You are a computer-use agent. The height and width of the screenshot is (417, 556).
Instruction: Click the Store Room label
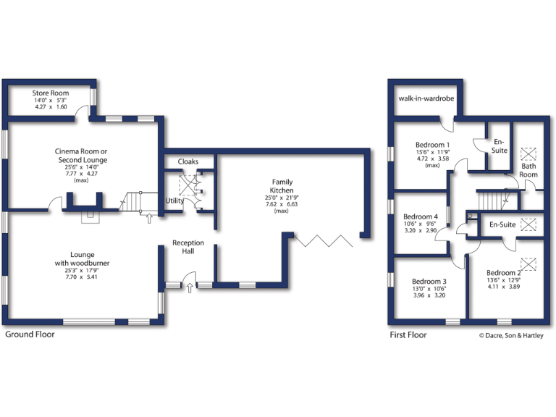pos(50,93)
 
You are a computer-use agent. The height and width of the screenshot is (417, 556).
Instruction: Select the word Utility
pos(174,201)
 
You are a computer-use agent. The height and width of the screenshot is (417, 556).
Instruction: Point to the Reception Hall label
pos(188,247)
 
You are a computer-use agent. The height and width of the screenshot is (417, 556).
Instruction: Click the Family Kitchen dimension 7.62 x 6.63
pos(282,204)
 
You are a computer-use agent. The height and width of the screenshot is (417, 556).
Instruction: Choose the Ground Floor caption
pos(30,335)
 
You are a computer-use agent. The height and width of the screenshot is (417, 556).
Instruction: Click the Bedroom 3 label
pos(429,282)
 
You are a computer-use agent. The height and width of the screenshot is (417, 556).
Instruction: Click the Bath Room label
pos(528,170)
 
